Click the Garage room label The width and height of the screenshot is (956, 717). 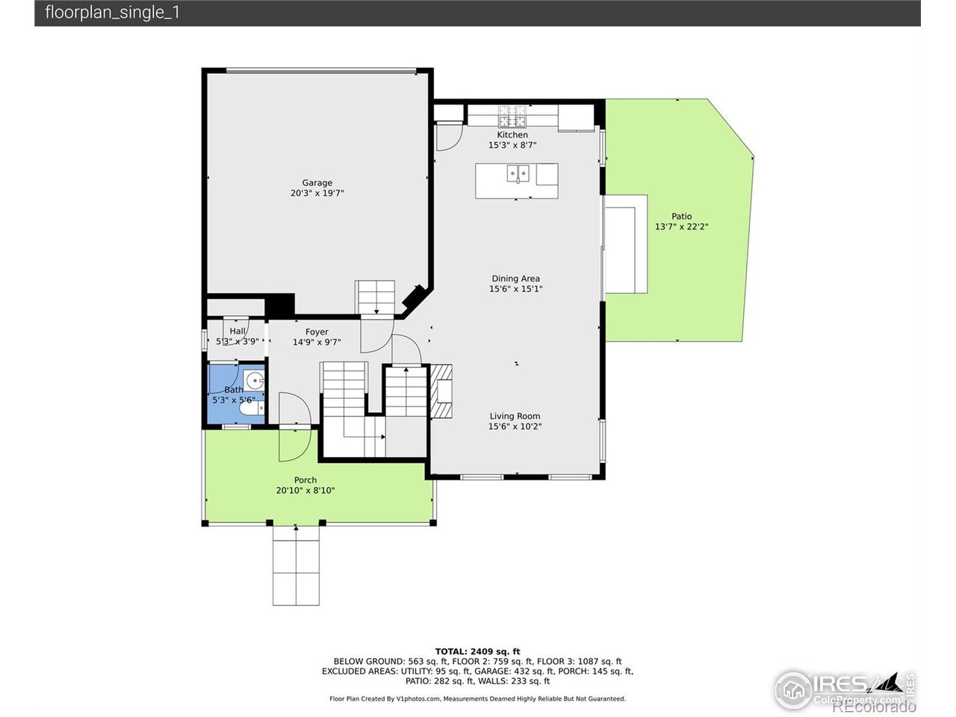pyautogui.click(x=317, y=183)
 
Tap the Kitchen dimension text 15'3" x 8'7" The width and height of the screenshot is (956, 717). pyautogui.click(x=512, y=146)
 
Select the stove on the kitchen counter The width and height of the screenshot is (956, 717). pyautogui.click(x=512, y=117)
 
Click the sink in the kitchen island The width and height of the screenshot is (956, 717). pyautogui.click(x=517, y=173)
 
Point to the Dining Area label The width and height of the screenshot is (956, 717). pyautogui.click(x=515, y=279)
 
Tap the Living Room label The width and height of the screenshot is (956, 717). pyautogui.click(x=515, y=417)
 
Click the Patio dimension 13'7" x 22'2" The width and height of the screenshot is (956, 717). pyautogui.click(x=681, y=227)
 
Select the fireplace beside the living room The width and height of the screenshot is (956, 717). pyautogui.click(x=442, y=391)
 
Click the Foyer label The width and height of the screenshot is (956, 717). pyautogui.click(x=317, y=332)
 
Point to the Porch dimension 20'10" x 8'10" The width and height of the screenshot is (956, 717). pyautogui.click(x=305, y=491)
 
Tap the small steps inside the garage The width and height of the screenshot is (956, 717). pyautogui.click(x=374, y=297)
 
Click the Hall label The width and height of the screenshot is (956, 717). pyautogui.click(x=238, y=332)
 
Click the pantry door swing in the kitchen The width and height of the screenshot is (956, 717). pyautogui.click(x=448, y=137)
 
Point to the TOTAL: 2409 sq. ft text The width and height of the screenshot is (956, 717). pyautogui.click(x=477, y=651)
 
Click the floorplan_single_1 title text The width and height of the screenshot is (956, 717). pyautogui.click(x=112, y=13)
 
